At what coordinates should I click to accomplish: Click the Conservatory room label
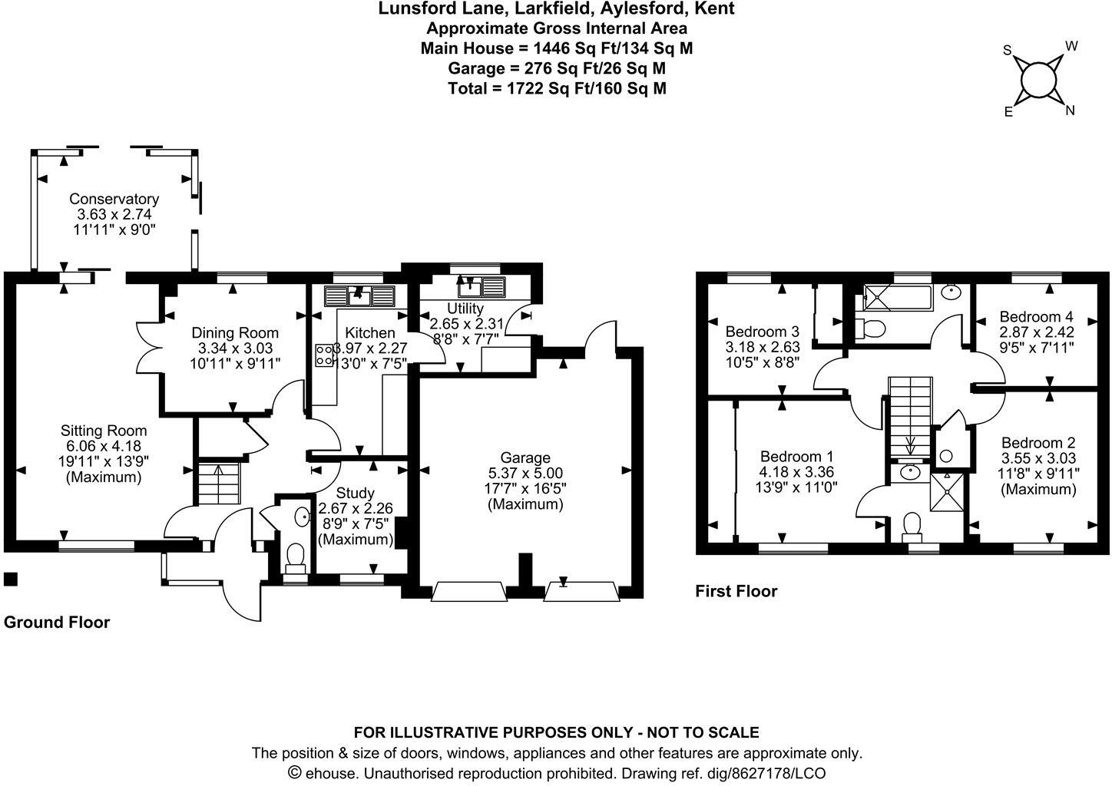pyautogui.click(x=114, y=200)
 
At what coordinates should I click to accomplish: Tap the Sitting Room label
pyautogui.click(x=104, y=431)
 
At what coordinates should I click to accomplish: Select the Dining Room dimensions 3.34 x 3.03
pyautogui.click(x=235, y=348)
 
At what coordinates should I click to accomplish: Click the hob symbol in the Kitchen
pyautogui.click(x=323, y=354)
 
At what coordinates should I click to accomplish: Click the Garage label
pyautogui.click(x=526, y=458)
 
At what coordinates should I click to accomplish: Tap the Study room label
pyautogui.click(x=356, y=493)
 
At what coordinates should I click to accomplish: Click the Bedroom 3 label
pyautogui.click(x=762, y=332)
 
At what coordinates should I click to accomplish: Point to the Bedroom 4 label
pyautogui.click(x=1036, y=316)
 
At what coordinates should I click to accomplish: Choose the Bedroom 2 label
pyautogui.click(x=1038, y=443)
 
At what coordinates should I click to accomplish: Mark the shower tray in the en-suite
pyautogui.click(x=946, y=491)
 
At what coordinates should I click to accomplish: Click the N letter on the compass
pyautogui.click(x=1070, y=111)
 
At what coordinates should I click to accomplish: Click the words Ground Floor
pyautogui.click(x=57, y=623)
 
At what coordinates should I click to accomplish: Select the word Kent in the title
pyautogui.click(x=716, y=8)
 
